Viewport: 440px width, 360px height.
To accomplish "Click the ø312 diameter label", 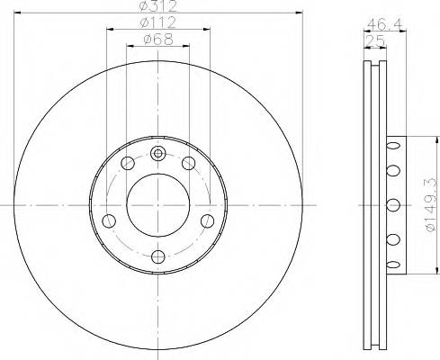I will (158, 8).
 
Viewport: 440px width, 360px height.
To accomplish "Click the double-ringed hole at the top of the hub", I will (158, 152).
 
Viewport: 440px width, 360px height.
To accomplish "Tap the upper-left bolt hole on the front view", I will (128, 163).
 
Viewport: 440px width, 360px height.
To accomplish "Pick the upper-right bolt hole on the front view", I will (189, 163).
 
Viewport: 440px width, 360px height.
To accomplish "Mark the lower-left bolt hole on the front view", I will (110, 220).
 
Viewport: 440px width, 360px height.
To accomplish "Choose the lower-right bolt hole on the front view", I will (207, 220).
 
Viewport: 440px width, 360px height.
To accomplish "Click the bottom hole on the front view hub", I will (158, 256).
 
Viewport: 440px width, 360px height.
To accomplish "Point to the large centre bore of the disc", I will (158, 204).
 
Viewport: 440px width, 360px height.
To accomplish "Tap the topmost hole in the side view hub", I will (391, 146).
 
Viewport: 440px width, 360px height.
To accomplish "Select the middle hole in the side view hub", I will (391, 203).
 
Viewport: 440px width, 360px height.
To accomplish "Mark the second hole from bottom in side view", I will (391, 238).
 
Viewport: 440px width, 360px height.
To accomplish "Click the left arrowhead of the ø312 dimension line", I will (22, 13).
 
